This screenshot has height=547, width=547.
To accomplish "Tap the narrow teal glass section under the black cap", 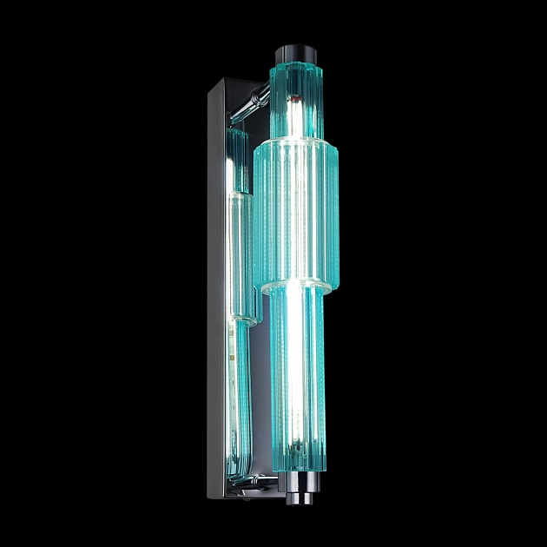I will point(298,100).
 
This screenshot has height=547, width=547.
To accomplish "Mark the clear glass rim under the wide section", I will point(294,287).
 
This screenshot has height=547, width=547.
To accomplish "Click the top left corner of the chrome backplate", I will point(209,79).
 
